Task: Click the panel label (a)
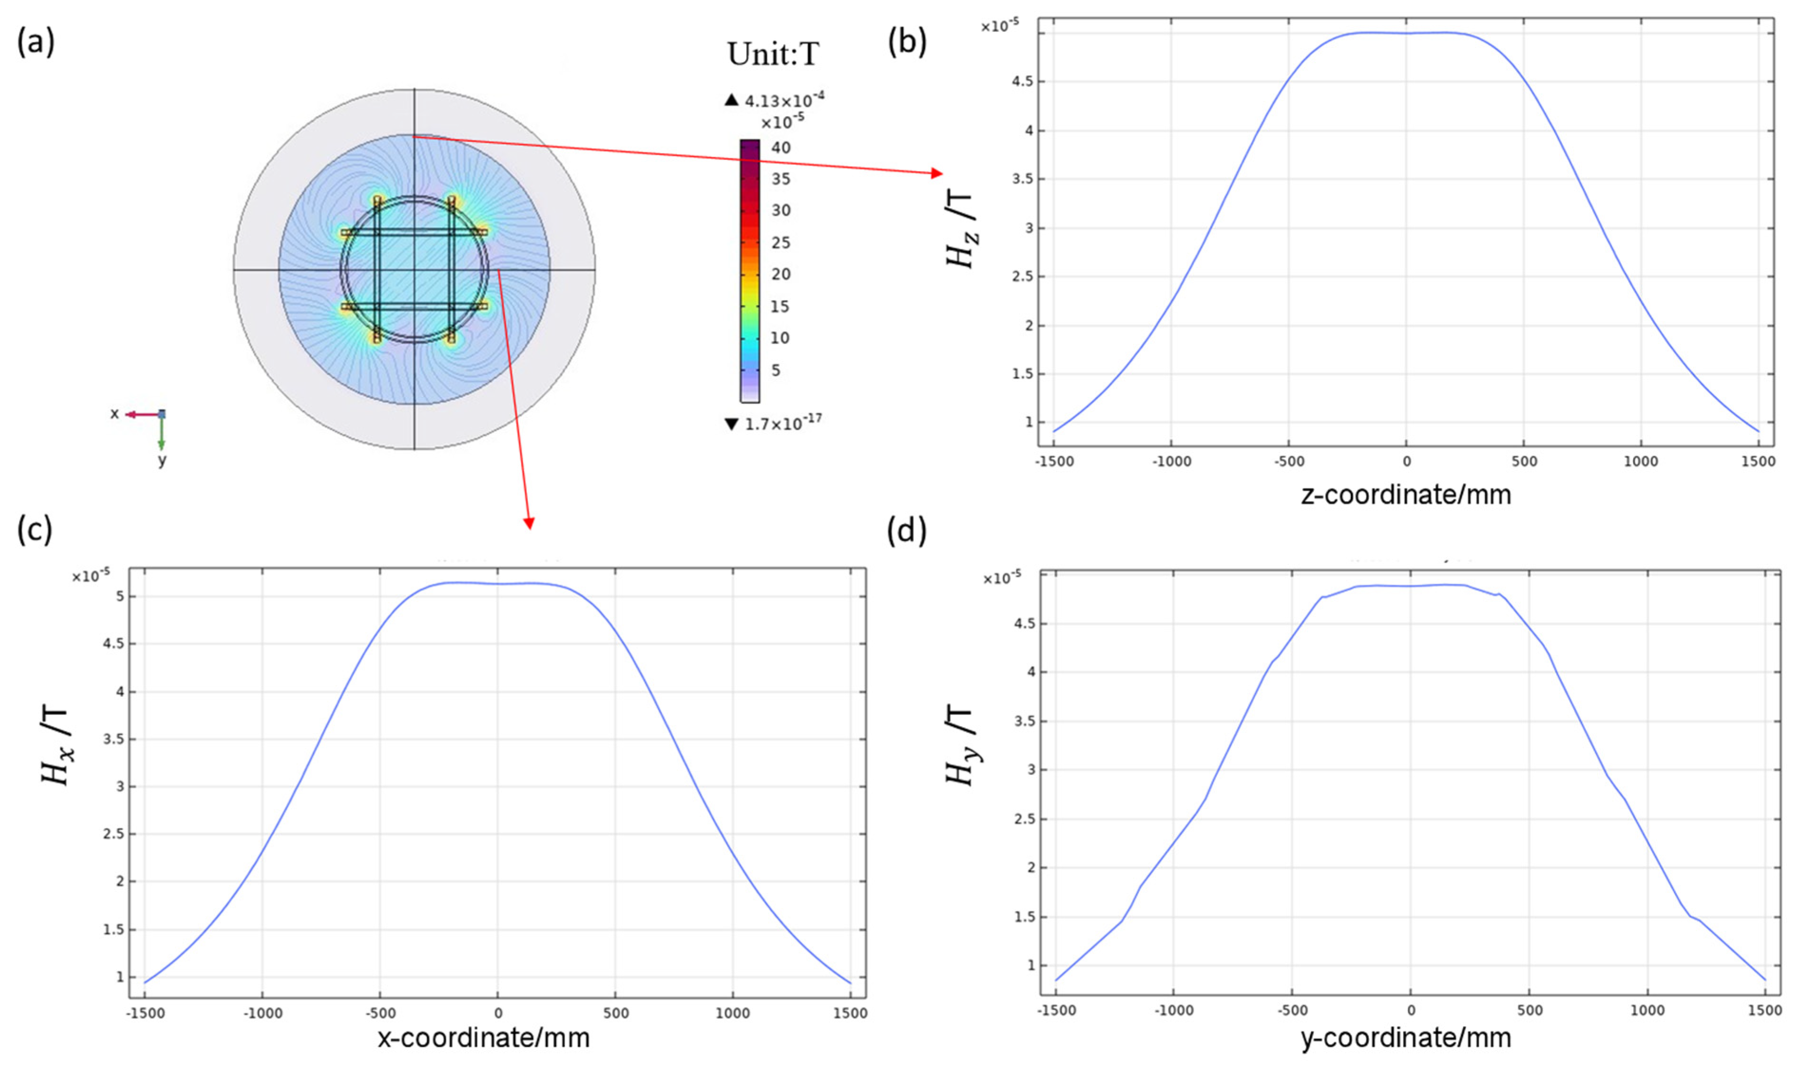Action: coord(35,43)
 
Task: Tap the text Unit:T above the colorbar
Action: coord(773,54)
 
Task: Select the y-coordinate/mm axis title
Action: coord(1406,1038)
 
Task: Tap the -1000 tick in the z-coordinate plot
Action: coord(1171,462)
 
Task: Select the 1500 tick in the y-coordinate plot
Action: coord(1764,1011)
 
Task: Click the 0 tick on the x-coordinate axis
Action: coord(498,1013)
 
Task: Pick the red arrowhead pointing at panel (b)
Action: coord(937,173)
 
